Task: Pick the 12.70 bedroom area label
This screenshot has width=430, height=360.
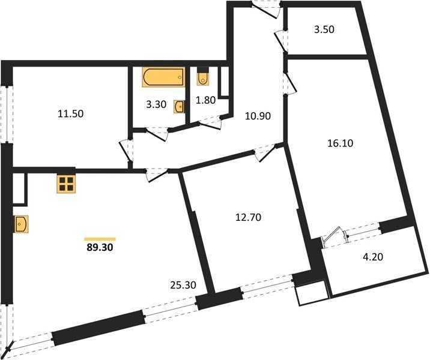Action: (247, 215)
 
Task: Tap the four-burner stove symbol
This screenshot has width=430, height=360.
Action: (67, 184)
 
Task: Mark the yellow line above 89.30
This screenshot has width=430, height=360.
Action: (100, 238)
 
